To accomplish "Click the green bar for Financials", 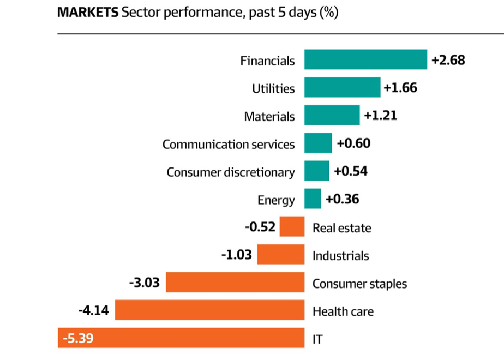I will [x=365, y=60].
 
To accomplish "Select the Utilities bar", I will [x=342, y=88].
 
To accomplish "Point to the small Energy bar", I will [x=313, y=199].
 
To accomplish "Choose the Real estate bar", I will [x=292, y=227].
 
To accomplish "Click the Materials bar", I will [x=332, y=116].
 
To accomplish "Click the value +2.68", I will [x=448, y=60].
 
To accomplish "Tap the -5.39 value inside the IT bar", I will [x=78, y=339].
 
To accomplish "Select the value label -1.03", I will [x=236, y=255].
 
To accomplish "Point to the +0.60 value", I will [x=353, y=143].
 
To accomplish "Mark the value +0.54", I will [x=351, y=171].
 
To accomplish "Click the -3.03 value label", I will [x=145, y=283].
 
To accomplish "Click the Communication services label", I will [x=229, y=145].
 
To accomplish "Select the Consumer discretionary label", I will [x=231, y=172].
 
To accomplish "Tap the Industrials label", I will [x=340, y=256].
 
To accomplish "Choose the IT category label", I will [x=317, y=339].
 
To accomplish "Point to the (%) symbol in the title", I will [x=329, y=13].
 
